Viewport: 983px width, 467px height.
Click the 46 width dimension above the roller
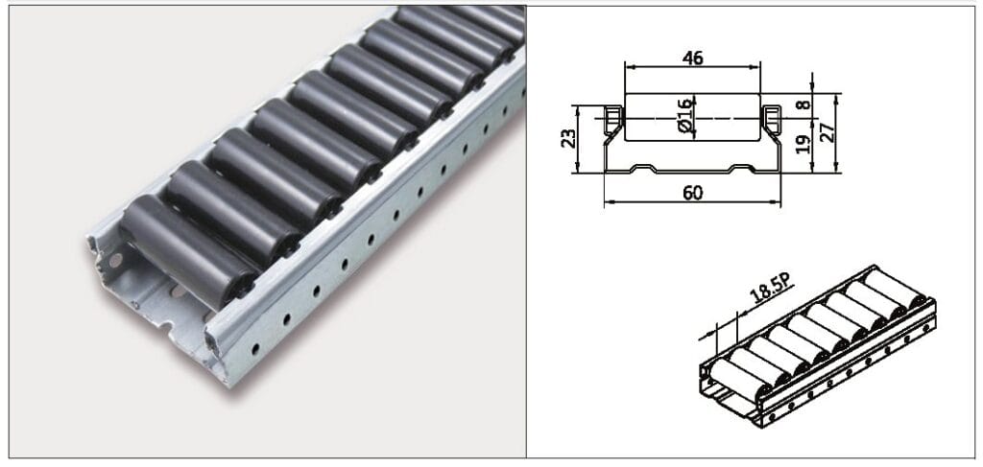[692, 58]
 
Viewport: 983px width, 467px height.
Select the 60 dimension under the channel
[692, 193]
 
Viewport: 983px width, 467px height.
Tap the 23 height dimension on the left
[566, 140]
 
